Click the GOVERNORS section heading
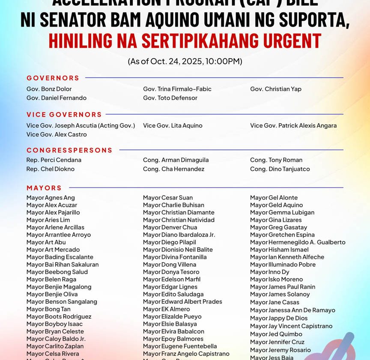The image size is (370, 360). (x=53, y=78)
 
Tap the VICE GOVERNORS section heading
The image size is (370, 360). (x=64, y=114)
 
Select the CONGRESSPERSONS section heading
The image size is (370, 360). (x=69, y=150)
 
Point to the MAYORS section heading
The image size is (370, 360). (x=44, y=187)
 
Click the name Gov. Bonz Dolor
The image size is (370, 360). (x=49, y=89)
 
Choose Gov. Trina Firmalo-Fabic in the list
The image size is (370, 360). (x=177, y=89)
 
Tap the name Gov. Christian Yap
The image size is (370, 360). (x=276, y=89)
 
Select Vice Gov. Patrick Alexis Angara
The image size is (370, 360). (x=293, y=125)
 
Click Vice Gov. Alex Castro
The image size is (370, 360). (x=57, y=134)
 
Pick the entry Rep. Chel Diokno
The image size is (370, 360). (x=51, y=169)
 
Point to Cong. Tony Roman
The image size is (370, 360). (x=276, y=160)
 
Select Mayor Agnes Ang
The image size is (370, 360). (x=51, y=198)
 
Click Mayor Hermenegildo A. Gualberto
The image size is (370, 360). (x=298, y=242)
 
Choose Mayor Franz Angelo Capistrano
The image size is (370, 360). (x=186, y=354)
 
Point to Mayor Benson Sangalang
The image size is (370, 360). (x=62, y=302)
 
